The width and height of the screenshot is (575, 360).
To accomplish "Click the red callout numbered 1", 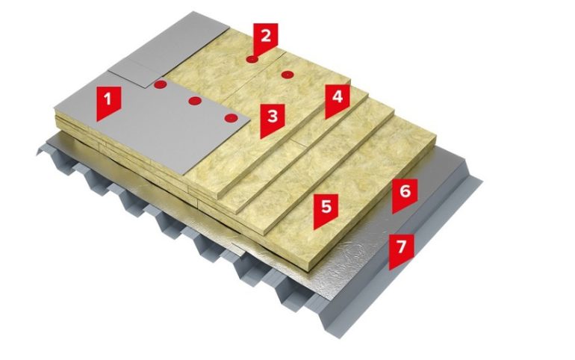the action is coord(108,102).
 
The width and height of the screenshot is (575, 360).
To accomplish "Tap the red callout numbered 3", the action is coord(273,120).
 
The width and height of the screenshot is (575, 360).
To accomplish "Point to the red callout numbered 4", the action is coord(337,100).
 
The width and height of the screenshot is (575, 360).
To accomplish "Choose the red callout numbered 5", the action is coord(326,210).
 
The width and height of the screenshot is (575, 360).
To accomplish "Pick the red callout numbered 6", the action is coord(405,194).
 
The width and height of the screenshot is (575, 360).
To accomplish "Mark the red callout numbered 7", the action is coord(401,250).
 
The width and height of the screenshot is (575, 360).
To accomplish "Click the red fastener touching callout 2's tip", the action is coord(252,59).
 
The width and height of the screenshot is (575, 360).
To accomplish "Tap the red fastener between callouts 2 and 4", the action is coord(287,75).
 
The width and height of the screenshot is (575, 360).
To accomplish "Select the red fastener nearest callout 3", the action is coord(231,118).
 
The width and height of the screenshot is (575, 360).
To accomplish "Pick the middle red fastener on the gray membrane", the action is coord(195,100).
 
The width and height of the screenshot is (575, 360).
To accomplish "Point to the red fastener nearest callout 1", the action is coord(161,85).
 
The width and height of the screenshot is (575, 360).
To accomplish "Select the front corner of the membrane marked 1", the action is coord(184,175).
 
